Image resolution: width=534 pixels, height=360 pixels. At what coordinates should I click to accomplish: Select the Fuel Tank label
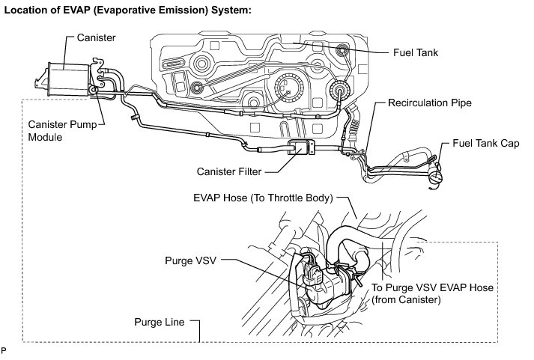[x=414, y=53]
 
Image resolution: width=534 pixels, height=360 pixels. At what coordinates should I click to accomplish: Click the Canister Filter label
[x=225, y=171]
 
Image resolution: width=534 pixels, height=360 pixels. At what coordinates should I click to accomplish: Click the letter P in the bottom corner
[x=5, y=350]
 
